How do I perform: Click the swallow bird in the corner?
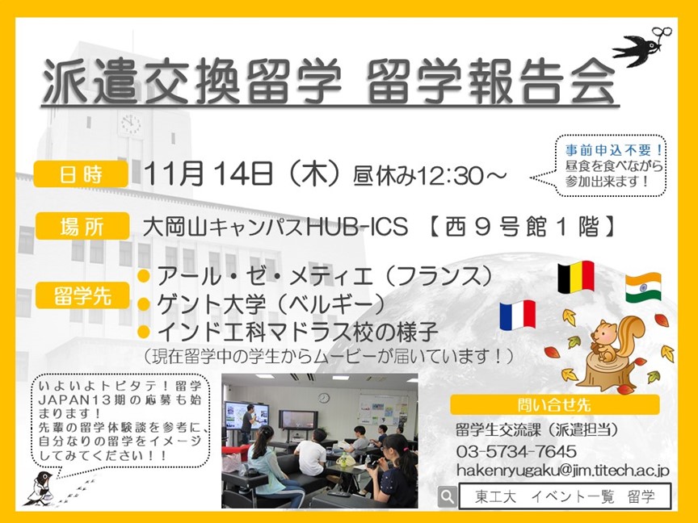click(641, 46)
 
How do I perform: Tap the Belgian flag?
click(576, 277)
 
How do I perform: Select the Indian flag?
click(643, 287)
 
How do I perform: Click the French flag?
click(517, 315)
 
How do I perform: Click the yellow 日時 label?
click(81, 174)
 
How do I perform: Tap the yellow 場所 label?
click(82, 226)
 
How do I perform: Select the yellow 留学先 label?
click(82, 295)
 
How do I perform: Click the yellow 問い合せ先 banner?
click(555, 404)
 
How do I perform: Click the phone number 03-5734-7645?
click(516, 451)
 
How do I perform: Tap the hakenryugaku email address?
click(562, 471)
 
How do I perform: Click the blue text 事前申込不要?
click(614, 150)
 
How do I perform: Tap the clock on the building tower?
click(131, 124)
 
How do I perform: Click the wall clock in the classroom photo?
click(324, 398)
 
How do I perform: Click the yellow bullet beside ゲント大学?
click(144, 304)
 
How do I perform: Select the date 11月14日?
click(208, 174)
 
